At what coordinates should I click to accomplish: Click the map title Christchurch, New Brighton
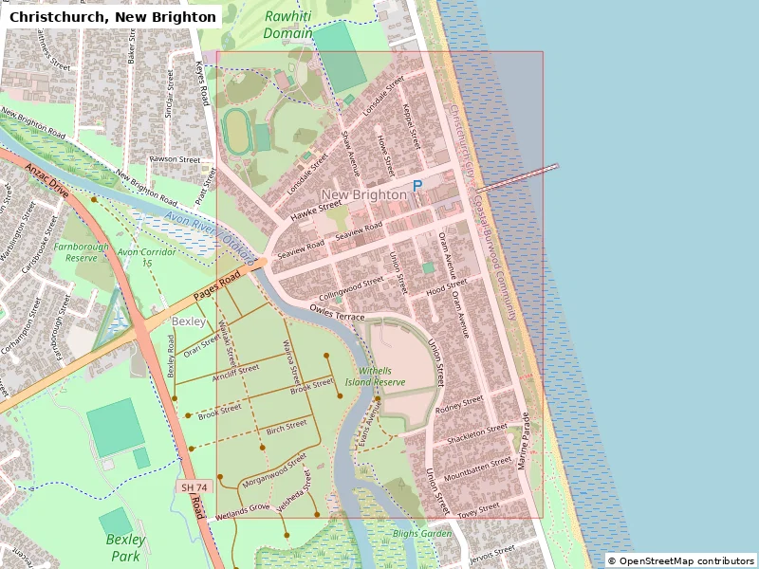[112, 17]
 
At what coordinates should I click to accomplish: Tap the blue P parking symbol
[417, 188]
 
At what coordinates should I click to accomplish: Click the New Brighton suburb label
[365, 194]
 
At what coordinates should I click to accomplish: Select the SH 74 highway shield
[193, 486]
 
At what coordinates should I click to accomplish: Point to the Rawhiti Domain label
[288, 25]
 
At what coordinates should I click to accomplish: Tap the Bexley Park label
[125, 547]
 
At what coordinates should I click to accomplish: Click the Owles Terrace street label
[337, 312]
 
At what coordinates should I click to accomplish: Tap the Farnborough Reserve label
[75, 251]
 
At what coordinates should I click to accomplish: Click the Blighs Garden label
[422, 534]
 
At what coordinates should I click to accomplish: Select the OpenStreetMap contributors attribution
[680, 560]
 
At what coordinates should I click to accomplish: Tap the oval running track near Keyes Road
[235, 134]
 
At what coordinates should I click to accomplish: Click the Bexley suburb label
[188, 321]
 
